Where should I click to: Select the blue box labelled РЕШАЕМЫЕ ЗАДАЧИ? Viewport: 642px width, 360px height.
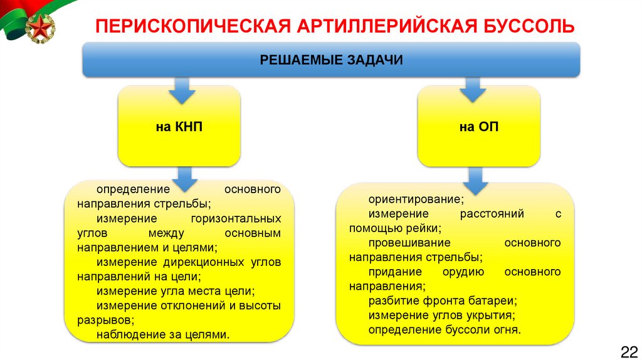click(331, 60)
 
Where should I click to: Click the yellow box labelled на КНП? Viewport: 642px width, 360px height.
click(179, 127)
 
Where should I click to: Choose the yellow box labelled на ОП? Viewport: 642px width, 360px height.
click(478, 127)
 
